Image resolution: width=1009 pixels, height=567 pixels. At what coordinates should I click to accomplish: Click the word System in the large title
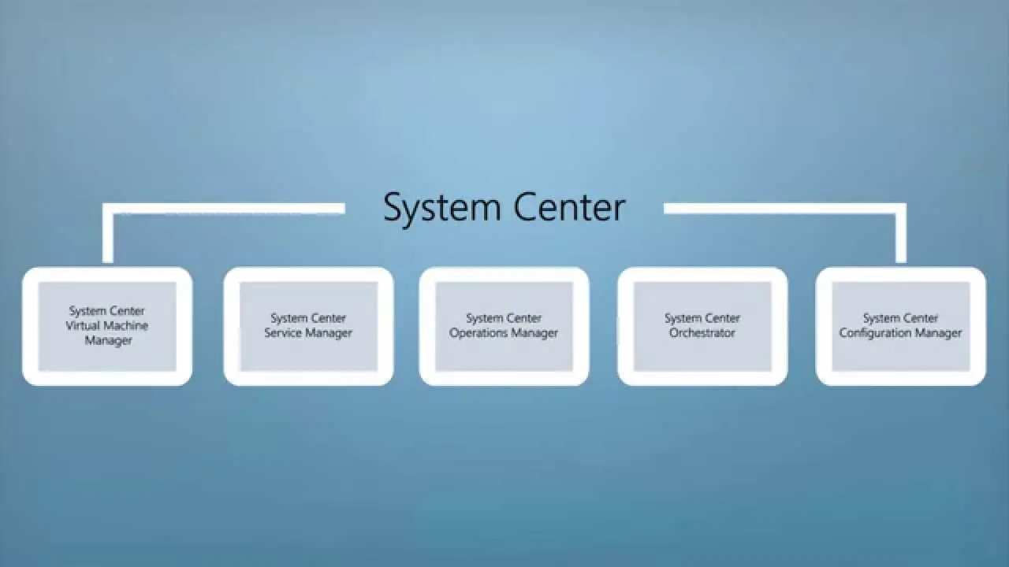click(442, 209)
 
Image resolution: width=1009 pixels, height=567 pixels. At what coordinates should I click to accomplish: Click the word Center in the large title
click(569, 207)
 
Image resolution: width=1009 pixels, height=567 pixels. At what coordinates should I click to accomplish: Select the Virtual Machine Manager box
click(107, 326)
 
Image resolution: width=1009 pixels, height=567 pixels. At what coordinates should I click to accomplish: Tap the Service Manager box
click(308, 326)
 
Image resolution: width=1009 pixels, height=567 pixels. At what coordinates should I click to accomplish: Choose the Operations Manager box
click(504, 326)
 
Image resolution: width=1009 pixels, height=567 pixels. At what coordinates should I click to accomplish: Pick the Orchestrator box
click(702, 326)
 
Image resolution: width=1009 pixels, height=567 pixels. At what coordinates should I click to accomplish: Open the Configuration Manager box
click(901, 326)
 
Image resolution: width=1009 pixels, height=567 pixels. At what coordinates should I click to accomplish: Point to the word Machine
click(125, 325)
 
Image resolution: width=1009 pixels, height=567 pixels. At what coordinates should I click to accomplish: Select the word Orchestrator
click(702, 333)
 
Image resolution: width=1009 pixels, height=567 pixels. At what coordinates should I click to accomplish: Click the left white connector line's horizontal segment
click(224, 209)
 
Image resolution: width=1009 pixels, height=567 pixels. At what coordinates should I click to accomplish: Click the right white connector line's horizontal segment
click(785, 209)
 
